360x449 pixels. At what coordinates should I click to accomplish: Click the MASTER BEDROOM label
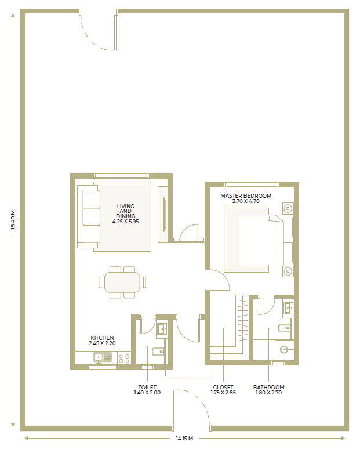point(246,196)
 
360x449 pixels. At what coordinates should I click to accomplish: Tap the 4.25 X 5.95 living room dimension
point(126,222)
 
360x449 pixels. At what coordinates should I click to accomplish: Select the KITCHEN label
point(102,338)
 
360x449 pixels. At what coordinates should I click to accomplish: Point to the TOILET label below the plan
point(147,387)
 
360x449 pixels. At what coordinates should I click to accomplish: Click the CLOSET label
point(223,387)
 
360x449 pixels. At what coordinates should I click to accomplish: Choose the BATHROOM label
point(269,387)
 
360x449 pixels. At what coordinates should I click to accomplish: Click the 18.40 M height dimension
point(13,220)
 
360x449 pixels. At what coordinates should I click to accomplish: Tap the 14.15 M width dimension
point(184,438)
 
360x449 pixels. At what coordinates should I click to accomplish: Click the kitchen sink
point(103,358)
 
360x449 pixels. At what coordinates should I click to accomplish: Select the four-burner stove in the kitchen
point(124,359)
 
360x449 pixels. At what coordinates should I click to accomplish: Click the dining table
point(122,282)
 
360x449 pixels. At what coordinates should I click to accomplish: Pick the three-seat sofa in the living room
point(88,216)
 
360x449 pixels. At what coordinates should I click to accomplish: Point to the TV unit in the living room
point(163,215)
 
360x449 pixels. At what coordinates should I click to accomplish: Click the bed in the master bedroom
point(258,240)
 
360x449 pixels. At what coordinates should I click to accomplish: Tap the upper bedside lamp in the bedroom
point(288,208)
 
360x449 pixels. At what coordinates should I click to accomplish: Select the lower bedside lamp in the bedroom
point(288,271)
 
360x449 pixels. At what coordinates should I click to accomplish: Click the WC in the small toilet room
point(158,351)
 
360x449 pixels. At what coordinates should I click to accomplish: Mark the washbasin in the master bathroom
point(288,309)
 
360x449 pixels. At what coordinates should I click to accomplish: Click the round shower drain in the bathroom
point(283,349)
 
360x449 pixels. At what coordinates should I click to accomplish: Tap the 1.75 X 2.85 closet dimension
point(223,393)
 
